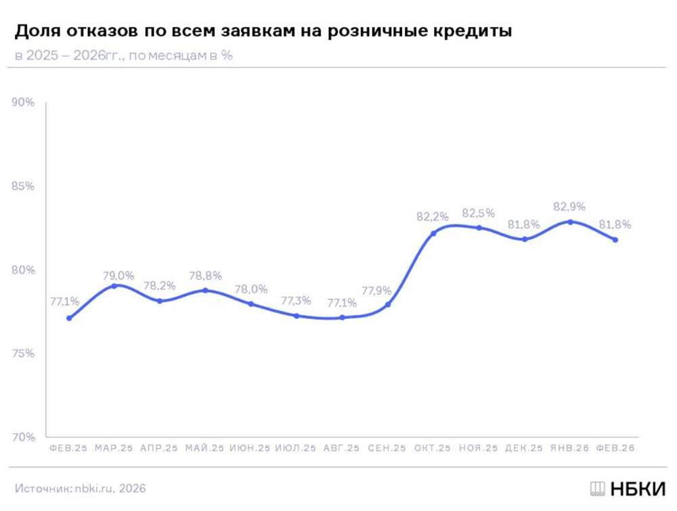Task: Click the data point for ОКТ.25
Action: coord(433,233)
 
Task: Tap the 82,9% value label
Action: coord(569,207)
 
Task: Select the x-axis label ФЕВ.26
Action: coord(615,448)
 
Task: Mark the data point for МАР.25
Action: coord(114,286)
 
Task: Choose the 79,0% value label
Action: coord(118,276)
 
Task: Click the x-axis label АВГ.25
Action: coord(342,448)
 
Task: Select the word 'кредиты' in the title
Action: coord(474,31)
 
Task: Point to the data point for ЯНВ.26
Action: coord(570,222)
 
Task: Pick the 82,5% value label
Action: coord(479,214)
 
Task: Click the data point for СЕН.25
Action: coord(388,304)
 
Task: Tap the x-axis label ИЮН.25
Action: coord(250,448)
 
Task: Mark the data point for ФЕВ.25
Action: coord(69,318)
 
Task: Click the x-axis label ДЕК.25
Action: coord(524,448)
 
